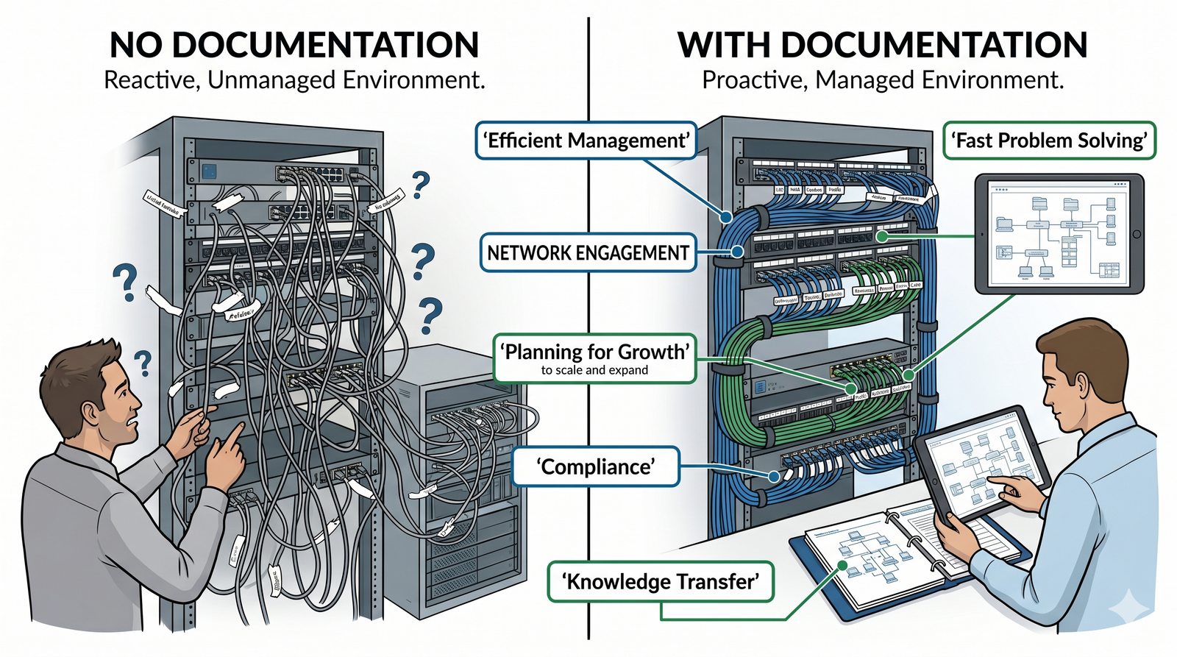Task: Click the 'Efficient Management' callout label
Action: coord(586,141)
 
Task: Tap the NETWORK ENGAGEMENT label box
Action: coord(588,253)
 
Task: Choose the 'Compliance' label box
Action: coord(595,467)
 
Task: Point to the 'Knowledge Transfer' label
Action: coord(660,582)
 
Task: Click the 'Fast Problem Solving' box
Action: coord(1049,141)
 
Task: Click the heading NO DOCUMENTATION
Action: coord(294,45)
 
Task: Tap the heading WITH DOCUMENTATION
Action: coord(882,45)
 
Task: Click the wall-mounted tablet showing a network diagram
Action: coord(1059,234)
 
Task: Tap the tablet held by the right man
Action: coord(978,464)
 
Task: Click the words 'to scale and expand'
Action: coord(594,370)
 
